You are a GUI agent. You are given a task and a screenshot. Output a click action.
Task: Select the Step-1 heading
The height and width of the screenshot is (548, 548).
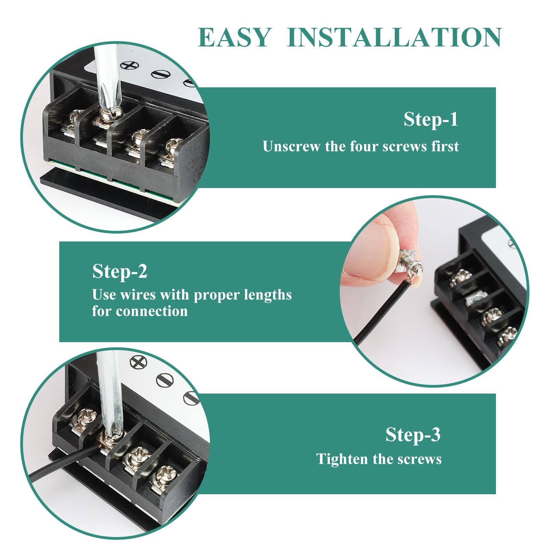pos(431,120)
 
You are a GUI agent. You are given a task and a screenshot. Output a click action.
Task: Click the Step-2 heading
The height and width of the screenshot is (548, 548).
pos(120,272)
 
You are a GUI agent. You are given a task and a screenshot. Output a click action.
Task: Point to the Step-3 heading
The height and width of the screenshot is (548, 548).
pos(413,435)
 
